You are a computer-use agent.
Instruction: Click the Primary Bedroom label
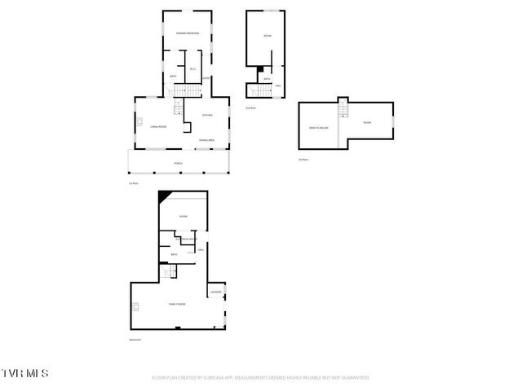tap(188, 33)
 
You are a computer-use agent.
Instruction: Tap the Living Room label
tap(157, 126)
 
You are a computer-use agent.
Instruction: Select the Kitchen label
tap(207, 115)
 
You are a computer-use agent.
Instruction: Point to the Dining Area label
tap(206, 141)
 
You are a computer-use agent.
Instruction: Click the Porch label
tap(178, 164)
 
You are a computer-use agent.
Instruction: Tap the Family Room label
tap(177, 304)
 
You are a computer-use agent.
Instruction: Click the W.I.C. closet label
tap(193, 69)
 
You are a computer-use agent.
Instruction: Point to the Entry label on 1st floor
tap(206, 78)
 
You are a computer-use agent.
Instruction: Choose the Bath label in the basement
tap(174, 255)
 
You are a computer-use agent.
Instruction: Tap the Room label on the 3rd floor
tap(367, 123)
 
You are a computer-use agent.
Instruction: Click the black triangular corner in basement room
tap(164, 196)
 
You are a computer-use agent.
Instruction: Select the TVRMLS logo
tap(24, 373)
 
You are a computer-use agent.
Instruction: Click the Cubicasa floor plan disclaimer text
tap(261, 378)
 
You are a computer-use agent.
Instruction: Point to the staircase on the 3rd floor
tap(343, 109)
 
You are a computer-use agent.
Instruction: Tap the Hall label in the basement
tap(201, 250)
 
